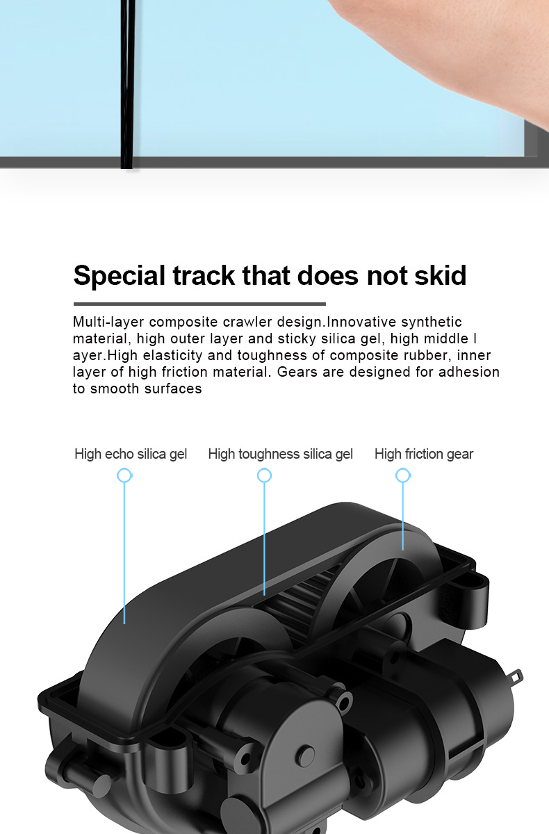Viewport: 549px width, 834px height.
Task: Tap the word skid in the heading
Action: tap(437, 276)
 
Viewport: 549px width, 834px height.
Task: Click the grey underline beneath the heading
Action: tap(199, 304)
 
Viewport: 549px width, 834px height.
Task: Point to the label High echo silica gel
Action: tap(131, 455)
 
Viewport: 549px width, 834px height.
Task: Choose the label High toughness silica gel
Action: tap(280, 455)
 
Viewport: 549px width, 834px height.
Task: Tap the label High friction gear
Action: tap(423, 455)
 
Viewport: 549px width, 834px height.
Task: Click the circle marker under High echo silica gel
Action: tap(124, 475)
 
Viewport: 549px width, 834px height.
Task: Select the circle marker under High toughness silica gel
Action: tap(264, 475)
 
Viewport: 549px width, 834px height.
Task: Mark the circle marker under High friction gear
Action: tap(402, 475)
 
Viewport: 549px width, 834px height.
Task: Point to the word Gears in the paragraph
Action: tap(296, 372)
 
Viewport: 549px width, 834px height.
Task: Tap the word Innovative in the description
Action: tap(362, 322)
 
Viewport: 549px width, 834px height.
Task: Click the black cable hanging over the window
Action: tap(127, 83)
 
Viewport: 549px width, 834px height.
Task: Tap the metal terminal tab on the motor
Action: tap(516, 676)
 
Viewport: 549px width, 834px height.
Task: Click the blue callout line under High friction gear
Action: tap(403, 514)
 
